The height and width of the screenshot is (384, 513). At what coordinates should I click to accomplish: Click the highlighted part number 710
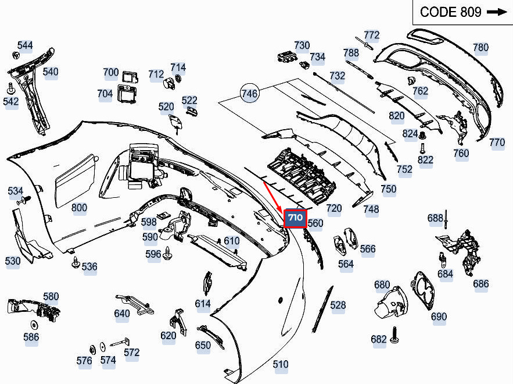[295, 218]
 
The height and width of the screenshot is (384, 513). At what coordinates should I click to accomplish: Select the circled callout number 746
[250, 93]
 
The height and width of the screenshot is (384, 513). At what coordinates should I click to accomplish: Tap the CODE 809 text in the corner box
[450, 12]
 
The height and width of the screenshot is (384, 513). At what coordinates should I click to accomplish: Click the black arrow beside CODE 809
[497, 12]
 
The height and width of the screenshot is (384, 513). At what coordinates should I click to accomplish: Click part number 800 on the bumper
[79, 208]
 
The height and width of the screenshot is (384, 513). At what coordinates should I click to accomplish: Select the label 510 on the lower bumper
[281, 364]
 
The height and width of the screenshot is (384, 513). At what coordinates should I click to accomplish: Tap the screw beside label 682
[394, 335]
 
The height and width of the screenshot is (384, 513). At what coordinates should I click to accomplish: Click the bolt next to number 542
[11, 88]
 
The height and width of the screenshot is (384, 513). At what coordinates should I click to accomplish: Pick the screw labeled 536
[76, 262]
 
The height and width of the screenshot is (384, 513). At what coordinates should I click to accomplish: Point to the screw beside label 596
[167, 253]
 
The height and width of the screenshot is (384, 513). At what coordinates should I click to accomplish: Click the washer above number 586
[34, 325]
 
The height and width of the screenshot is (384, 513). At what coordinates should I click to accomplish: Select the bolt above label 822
[422, 148]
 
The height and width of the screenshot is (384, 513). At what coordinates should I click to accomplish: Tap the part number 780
[480, 48]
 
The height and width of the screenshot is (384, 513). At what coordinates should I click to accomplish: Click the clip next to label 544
[15, 55]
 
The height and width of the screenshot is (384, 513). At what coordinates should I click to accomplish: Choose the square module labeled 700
[130, 77]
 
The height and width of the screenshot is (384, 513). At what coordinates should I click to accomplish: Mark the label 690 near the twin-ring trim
[439, 317]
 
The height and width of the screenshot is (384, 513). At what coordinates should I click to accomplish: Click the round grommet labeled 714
[178, 79]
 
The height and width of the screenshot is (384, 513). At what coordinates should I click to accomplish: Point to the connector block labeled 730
[287, 56]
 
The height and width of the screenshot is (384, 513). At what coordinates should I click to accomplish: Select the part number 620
[168, 336]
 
